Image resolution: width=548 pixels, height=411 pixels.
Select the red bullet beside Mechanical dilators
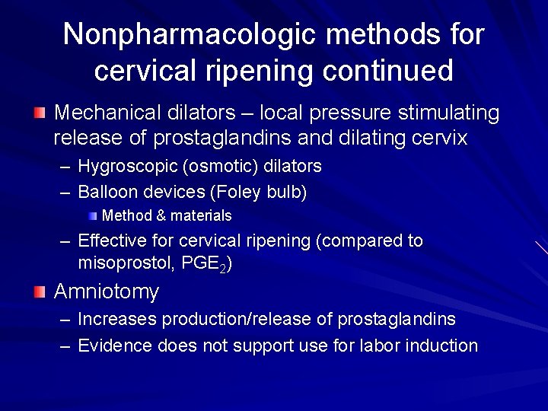pos(40,114)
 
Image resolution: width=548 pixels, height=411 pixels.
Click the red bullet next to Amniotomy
pos(40,292)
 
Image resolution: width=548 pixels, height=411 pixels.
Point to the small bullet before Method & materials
pos(92,216)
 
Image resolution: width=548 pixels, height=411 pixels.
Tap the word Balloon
pos(107,193)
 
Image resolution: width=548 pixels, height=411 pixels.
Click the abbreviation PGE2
pos(208,264)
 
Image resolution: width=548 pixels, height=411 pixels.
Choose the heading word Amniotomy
pos(107,292)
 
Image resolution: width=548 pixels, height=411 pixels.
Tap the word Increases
pos(114,319)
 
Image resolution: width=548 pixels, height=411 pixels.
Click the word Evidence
pos(115,346)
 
